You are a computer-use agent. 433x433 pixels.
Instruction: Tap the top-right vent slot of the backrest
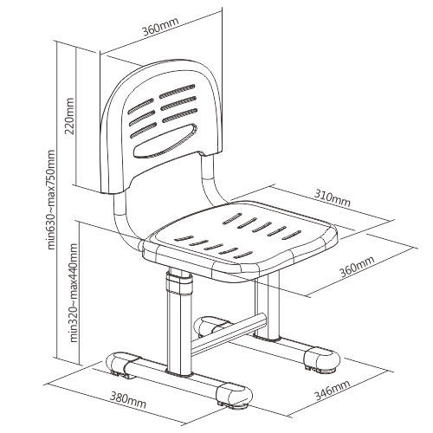(176, 91)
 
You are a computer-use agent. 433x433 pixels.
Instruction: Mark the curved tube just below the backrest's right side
(210, 180)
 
